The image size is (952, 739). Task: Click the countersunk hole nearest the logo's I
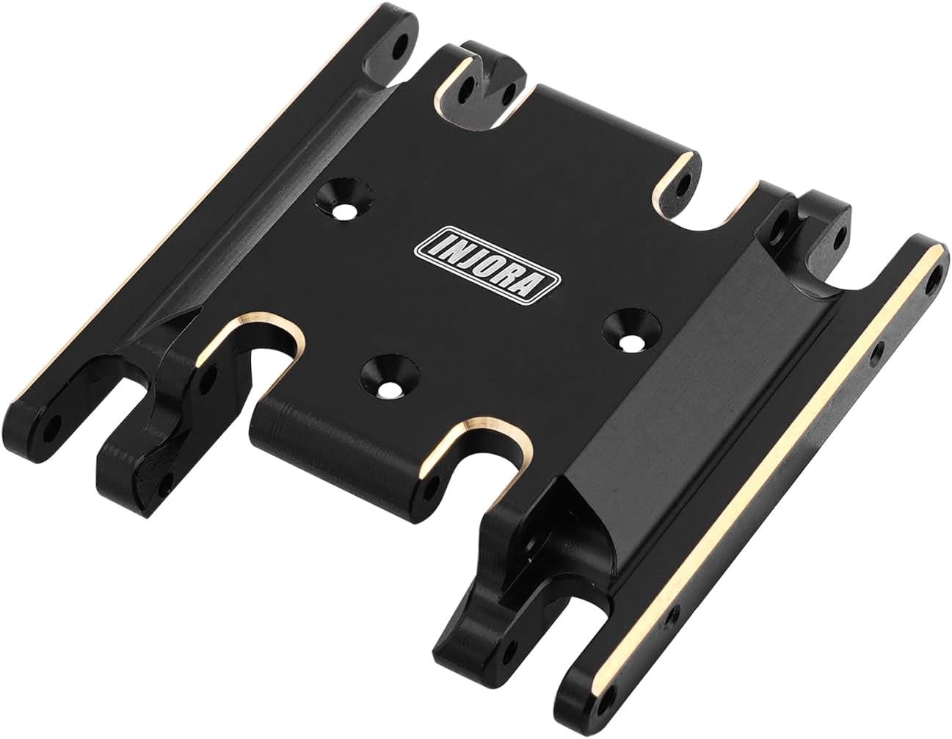pos(345,198)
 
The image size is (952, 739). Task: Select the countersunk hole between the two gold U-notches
pos(388,377)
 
